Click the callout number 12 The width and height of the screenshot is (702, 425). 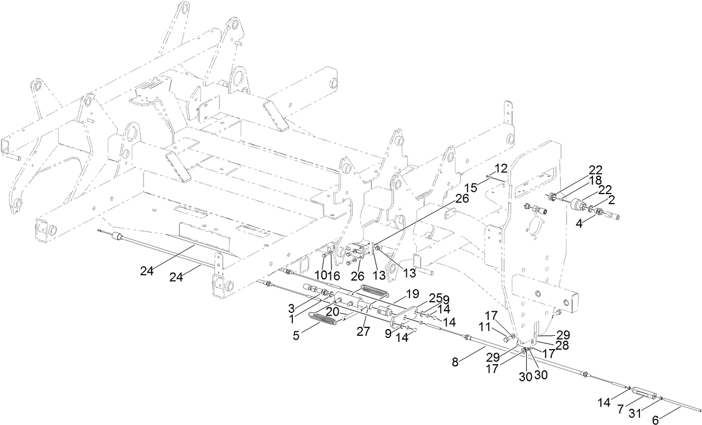501,167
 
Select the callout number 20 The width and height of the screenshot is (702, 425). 333,312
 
